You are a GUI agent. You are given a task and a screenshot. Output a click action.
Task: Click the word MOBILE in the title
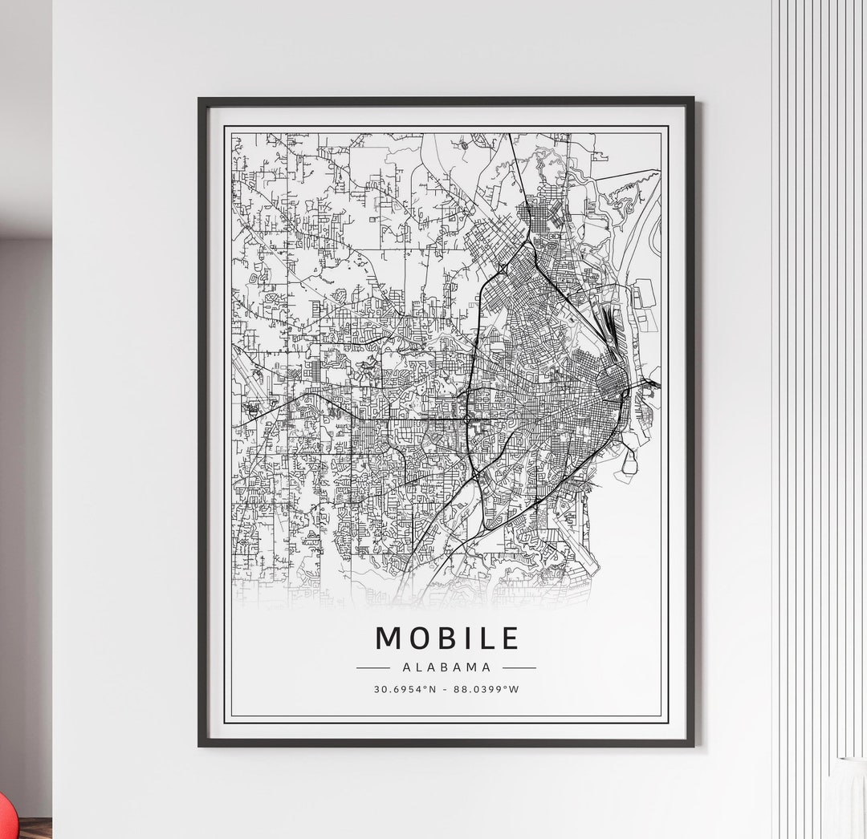click(x=446, y=638)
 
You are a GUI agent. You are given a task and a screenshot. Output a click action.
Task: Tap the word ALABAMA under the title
click(x=446, y=667)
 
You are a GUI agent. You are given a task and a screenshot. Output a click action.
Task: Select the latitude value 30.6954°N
click(x=405, y=689)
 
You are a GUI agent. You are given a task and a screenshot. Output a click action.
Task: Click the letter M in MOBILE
click(x=389, y=638)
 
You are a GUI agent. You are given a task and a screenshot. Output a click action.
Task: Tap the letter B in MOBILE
click(x=450, y=638)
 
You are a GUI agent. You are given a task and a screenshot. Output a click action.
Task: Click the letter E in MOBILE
click(x=510, y=638)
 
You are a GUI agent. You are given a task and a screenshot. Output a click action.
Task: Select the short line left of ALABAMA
click(x=372, y=667)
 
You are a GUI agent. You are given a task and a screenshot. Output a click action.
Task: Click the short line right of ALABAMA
click(x=519, y=667)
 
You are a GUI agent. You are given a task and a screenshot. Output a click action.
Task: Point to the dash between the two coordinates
click(x=446, y=689)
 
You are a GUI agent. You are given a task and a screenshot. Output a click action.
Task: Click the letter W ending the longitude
click(x=515, y=689)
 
